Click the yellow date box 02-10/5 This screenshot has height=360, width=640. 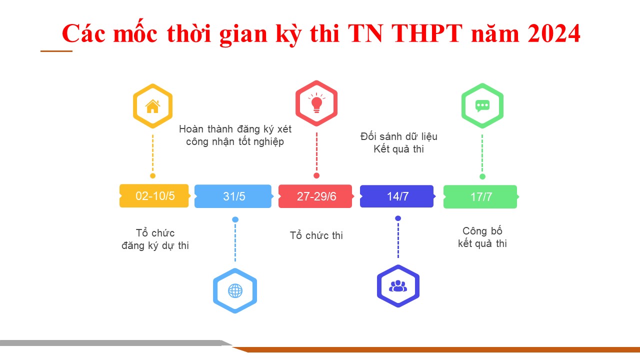pos(154,195)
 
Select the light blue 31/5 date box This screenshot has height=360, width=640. pos(233,196)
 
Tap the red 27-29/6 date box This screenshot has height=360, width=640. pos(316,196)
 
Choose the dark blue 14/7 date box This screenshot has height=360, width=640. pos(397,196)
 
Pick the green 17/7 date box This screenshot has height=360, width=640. pos(481,197)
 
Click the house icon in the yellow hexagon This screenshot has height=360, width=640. pos(152,106)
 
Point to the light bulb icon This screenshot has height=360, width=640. pos(316,103)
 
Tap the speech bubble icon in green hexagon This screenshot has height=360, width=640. pos(482,106)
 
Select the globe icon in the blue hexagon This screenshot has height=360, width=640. pos(235,291)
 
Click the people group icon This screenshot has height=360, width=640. pos(398,285)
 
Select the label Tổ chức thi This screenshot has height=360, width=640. pos(316,235)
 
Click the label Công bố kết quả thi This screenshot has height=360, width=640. pos(482,237)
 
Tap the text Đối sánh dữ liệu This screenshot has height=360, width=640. pos(399,136)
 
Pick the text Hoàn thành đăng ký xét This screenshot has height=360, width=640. pos(235,129)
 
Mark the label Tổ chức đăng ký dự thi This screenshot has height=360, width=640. pos(155,239)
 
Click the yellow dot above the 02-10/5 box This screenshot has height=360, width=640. pos(152,175)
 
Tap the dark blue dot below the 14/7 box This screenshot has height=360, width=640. pos(398,218)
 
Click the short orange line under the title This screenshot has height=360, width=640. pos(56,51)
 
